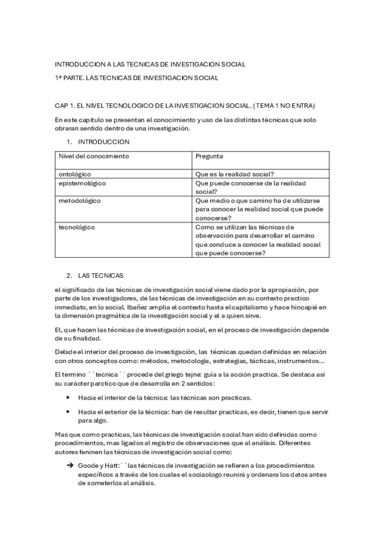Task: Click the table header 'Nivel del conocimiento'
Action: coord(94,156)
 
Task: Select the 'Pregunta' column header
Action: coord(210,156)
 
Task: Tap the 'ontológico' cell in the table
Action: coord(75,173)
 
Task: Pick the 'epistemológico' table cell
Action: coord(82,183)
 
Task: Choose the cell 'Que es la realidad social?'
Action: coord(235,173)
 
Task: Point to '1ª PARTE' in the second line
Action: coord(69,78)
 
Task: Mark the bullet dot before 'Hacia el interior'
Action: coord(68,397)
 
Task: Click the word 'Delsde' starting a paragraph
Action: coord(65,351)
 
